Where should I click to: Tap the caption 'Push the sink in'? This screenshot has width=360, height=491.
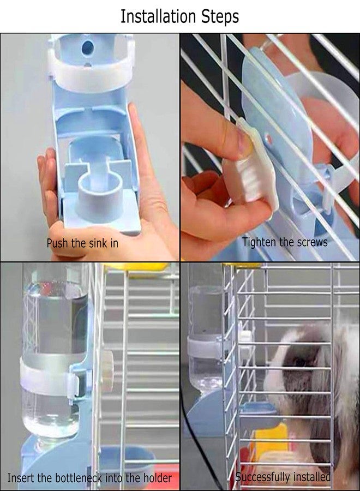coord(82,243)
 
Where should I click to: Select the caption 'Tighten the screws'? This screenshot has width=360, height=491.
coord(285,241)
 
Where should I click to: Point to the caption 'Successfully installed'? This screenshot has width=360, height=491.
coord(283,477)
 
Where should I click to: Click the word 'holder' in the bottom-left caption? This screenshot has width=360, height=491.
coord(157,478)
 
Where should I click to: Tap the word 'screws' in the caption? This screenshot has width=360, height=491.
coord(311,241)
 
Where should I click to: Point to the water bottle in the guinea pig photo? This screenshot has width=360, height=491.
coord(205,338)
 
